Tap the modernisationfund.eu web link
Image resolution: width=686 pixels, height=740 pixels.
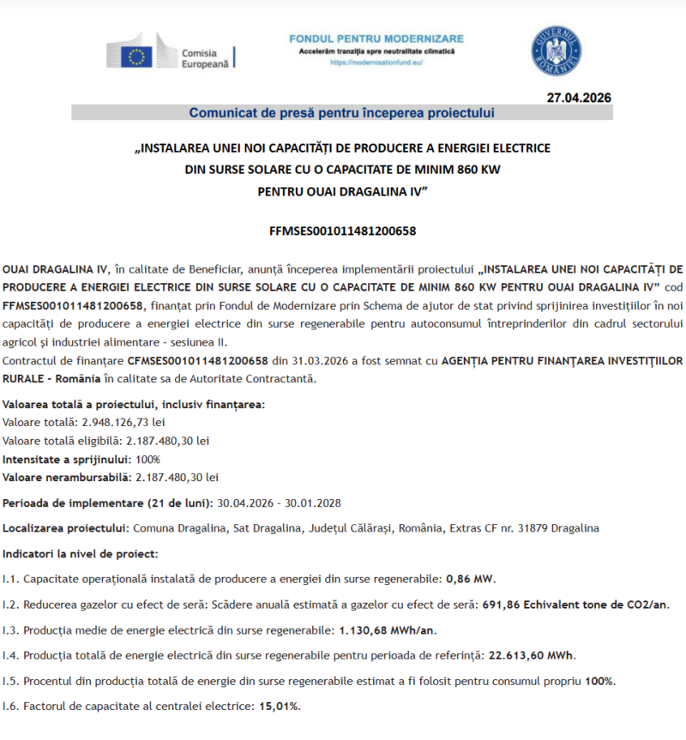[376, 63]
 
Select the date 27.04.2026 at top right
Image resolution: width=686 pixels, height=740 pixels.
[579, 98]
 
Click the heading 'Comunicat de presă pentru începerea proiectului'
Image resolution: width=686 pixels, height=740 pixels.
[341, 112]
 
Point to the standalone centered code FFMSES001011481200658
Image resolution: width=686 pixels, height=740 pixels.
[342, 231]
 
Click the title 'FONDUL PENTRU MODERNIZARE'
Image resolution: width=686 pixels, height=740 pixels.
[376, 39]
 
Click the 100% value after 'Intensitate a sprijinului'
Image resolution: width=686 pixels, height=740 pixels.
[148, 459]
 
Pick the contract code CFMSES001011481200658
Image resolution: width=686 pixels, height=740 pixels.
[198, 361]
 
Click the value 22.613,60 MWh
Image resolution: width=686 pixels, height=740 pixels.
[532, 656]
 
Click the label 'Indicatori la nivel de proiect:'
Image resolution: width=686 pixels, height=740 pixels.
[81, 554]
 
